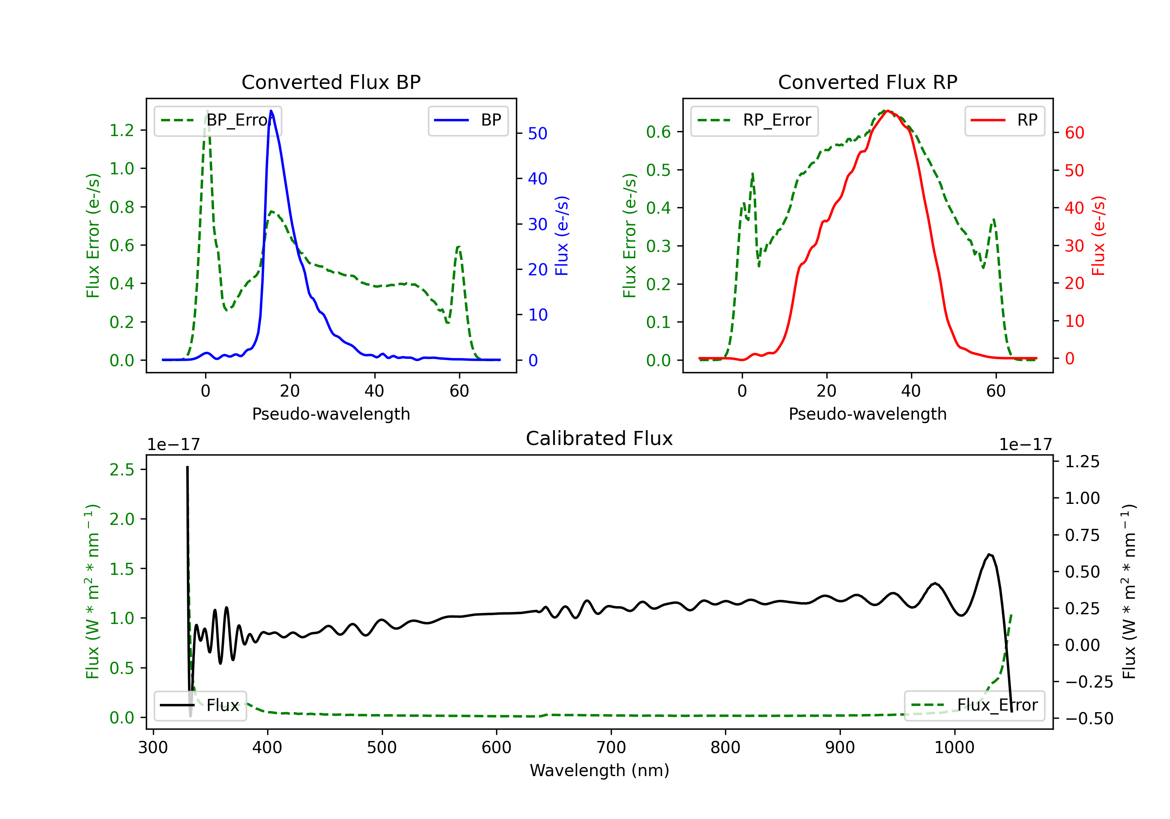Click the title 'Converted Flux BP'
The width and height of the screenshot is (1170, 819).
coord(331,82)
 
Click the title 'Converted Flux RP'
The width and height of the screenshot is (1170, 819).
coord(867,82)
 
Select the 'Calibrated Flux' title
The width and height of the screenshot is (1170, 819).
coord(599,438)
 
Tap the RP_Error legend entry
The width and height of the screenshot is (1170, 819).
coord(754,120)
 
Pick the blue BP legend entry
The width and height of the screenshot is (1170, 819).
coord(468,120)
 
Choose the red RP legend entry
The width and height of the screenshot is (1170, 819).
coord(1004,120)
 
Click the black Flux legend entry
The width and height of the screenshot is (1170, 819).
coord(200,706)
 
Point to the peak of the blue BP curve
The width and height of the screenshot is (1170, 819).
coord(271,111)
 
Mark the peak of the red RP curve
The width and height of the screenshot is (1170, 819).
coord(888,111)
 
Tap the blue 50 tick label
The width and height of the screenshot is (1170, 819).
coord(537,133)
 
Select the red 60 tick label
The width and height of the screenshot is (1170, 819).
coord(1074,133)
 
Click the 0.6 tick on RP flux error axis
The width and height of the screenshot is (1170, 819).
coord(658,132)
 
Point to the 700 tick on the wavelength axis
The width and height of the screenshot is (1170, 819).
coord(611,748)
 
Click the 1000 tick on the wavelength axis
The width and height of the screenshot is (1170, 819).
coord(954,748)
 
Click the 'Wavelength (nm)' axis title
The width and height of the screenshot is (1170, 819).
coord(599,771)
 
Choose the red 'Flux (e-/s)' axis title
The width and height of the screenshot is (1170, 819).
coord(1099,236)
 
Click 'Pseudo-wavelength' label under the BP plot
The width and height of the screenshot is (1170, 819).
coord(331,414)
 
